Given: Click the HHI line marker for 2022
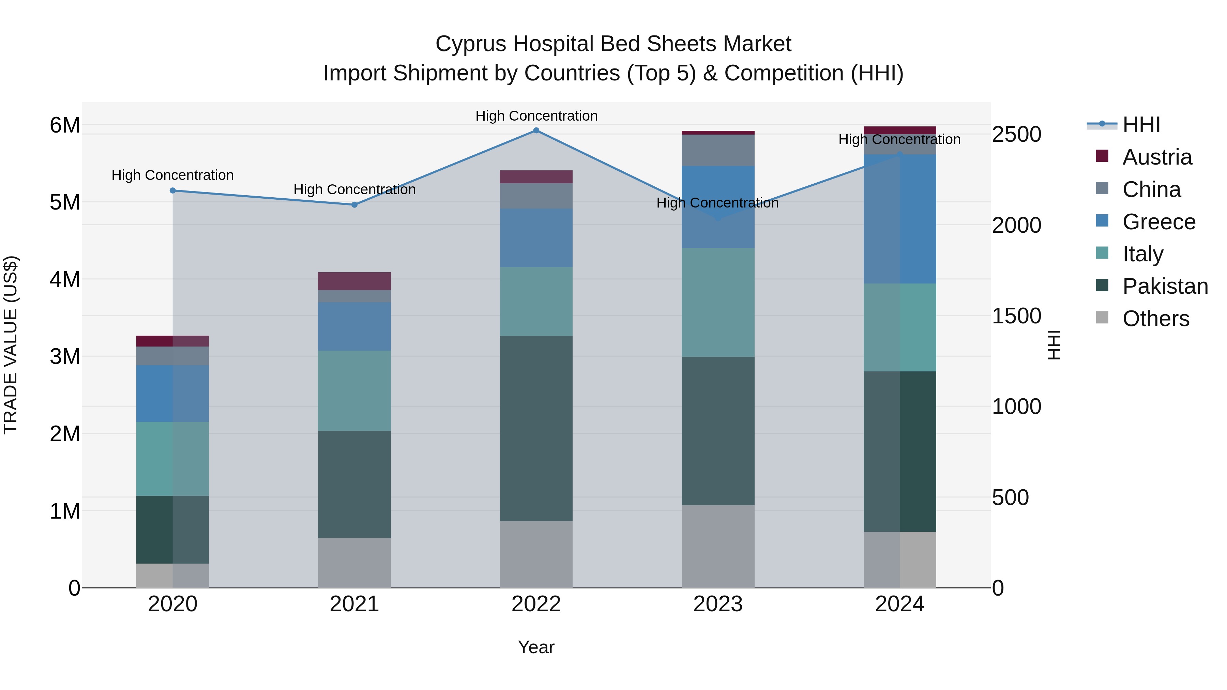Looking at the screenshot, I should coord(536,131).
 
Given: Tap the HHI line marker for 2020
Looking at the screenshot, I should coord(172,190).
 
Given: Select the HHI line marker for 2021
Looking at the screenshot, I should coord(354,205).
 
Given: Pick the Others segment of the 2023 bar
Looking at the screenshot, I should coord(718,546).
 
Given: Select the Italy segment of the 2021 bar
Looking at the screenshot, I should coord(354,390).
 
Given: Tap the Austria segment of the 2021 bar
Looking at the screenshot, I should coord(354,281).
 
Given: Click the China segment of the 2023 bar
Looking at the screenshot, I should coord(718,150).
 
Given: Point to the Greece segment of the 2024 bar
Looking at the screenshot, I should coord(900,219).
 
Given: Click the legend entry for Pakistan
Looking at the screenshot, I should coord(1165,286).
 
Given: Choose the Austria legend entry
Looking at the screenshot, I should coord(1156,157).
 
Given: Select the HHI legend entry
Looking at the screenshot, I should coord(1141,125).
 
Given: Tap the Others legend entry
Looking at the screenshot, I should coord(1155,319).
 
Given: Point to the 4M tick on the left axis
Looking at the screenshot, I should coord(65,279).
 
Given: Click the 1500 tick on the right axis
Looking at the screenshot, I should coord(1016,316).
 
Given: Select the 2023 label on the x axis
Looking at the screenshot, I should coord(718,604).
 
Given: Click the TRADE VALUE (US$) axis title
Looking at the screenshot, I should coord(11,345).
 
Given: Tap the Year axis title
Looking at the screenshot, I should coord(536,647).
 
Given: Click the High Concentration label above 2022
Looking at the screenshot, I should coord(536,116).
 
